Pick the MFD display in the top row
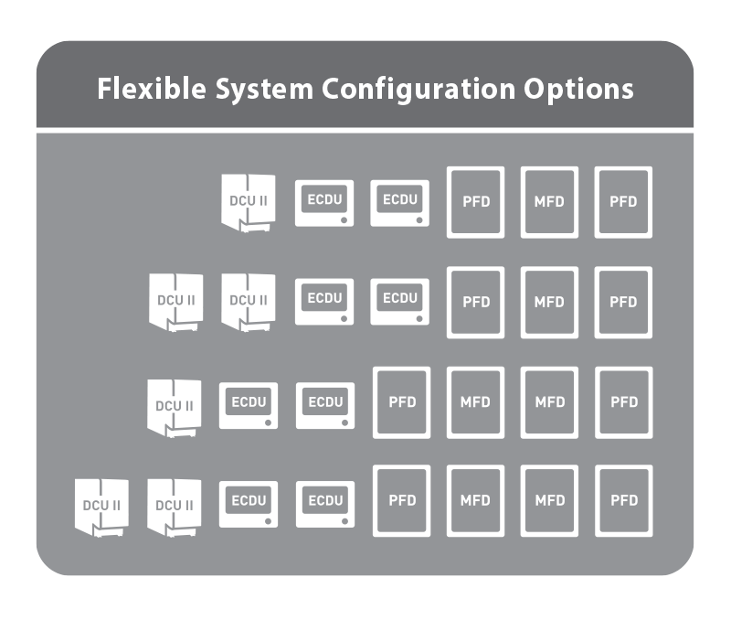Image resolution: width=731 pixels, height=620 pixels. click(x=549, y=202)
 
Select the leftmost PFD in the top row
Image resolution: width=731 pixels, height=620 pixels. click(x=475, y=202)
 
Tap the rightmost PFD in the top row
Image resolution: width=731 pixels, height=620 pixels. click(x=623, y=202)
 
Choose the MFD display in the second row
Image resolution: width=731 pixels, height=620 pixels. click(x=549, y=302)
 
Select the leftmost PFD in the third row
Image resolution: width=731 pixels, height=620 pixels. click(x=402, y=402)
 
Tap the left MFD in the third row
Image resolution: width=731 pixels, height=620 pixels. click(x=475, y=402)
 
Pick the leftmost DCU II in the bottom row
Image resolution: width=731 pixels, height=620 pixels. click(x=101, y=506)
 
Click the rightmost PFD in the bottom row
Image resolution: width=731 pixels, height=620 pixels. click(x=623, y=500)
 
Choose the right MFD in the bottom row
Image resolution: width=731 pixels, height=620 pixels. click(x=549, y=500)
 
